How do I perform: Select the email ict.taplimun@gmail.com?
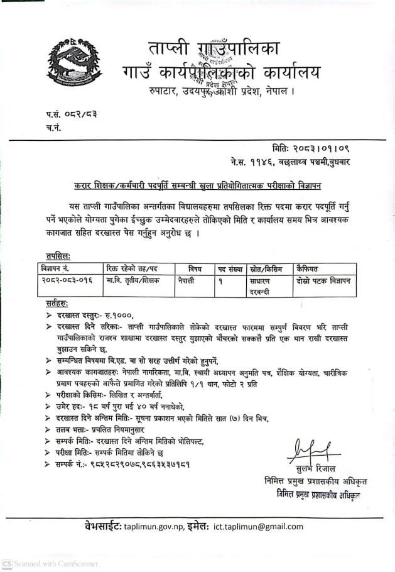coord(259,525)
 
